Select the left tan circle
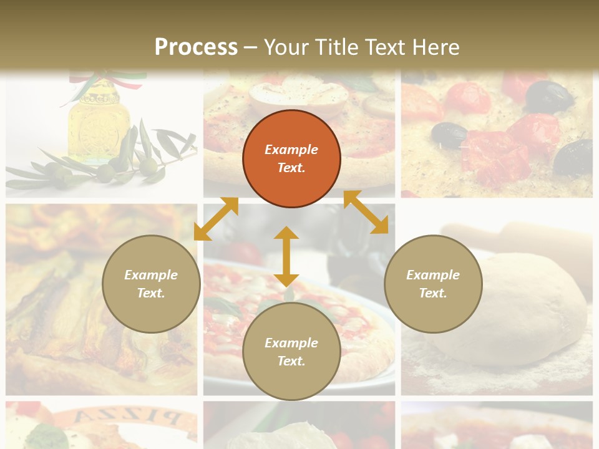point(151,284)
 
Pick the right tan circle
point(433,284)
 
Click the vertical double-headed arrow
point(286,256)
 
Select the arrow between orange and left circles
point(216,219)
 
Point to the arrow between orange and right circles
point(366,212)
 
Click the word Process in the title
point(196,47)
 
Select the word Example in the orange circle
point(291,150)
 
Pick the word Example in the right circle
point(433,275)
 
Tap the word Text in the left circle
point(150,293)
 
